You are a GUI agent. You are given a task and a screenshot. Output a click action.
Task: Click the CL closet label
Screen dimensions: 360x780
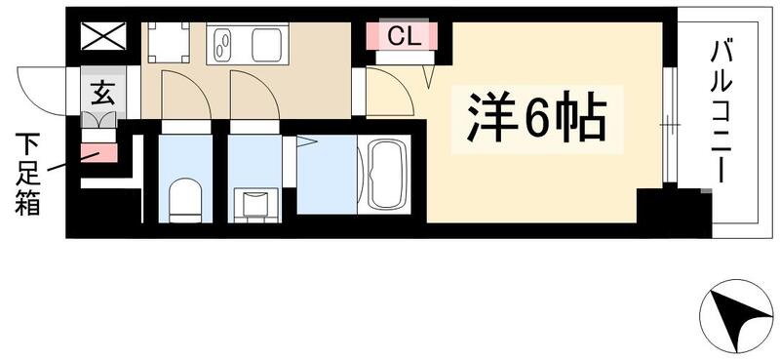point(402,37)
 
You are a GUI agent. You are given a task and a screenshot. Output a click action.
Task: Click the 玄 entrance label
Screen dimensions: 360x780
point(101,94)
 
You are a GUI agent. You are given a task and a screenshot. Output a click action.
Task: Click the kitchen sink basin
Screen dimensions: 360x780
point(266,45)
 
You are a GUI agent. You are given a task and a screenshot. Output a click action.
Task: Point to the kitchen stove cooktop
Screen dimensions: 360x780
point(223,45)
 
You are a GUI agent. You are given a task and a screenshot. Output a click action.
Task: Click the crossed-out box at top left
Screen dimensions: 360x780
point(103,38)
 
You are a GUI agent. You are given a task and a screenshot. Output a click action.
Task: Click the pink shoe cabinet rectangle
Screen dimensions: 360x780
point(98,152)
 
